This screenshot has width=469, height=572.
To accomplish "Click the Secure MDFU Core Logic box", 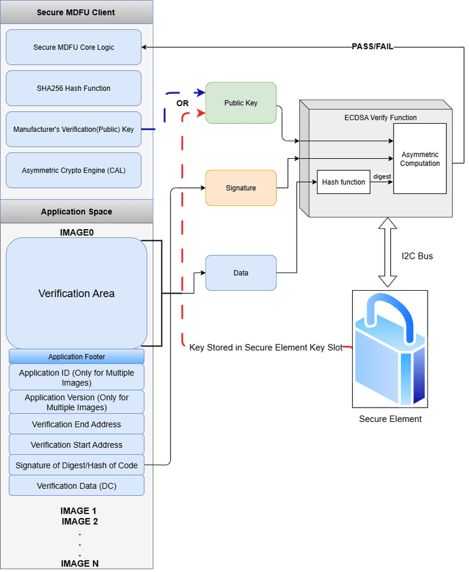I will pos(74,47).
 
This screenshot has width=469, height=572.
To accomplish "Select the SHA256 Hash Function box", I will pos(74,89).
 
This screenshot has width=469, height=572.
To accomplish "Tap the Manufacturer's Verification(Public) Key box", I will pos(74,129).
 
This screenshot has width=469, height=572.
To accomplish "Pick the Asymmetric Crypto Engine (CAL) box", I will pos(74,170).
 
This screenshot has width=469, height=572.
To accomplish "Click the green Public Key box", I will pos(241,103).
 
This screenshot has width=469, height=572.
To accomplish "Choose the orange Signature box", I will pos(241,188).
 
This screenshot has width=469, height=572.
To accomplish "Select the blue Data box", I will pos(241,273).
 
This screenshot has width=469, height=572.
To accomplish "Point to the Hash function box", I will pos(343,182).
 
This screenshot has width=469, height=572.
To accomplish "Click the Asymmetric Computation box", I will pos(419,159).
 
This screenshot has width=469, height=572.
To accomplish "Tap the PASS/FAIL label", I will pos(372,46).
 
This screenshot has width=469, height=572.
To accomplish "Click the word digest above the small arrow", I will pos(382,176).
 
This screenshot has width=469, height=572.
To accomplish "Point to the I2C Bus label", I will pos(417,256).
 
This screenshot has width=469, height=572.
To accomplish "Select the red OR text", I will pos(182,102).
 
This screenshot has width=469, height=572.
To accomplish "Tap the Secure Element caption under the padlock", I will pos(390,419).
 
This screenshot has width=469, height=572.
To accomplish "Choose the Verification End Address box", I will pos(76,424).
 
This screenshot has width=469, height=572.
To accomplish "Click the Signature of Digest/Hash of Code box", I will pos(76,465).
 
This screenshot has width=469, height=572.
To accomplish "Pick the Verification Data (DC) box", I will pos(76,486).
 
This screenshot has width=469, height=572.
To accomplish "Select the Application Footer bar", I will pos(76,357).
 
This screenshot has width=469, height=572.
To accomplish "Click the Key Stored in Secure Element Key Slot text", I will pos(266,347).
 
